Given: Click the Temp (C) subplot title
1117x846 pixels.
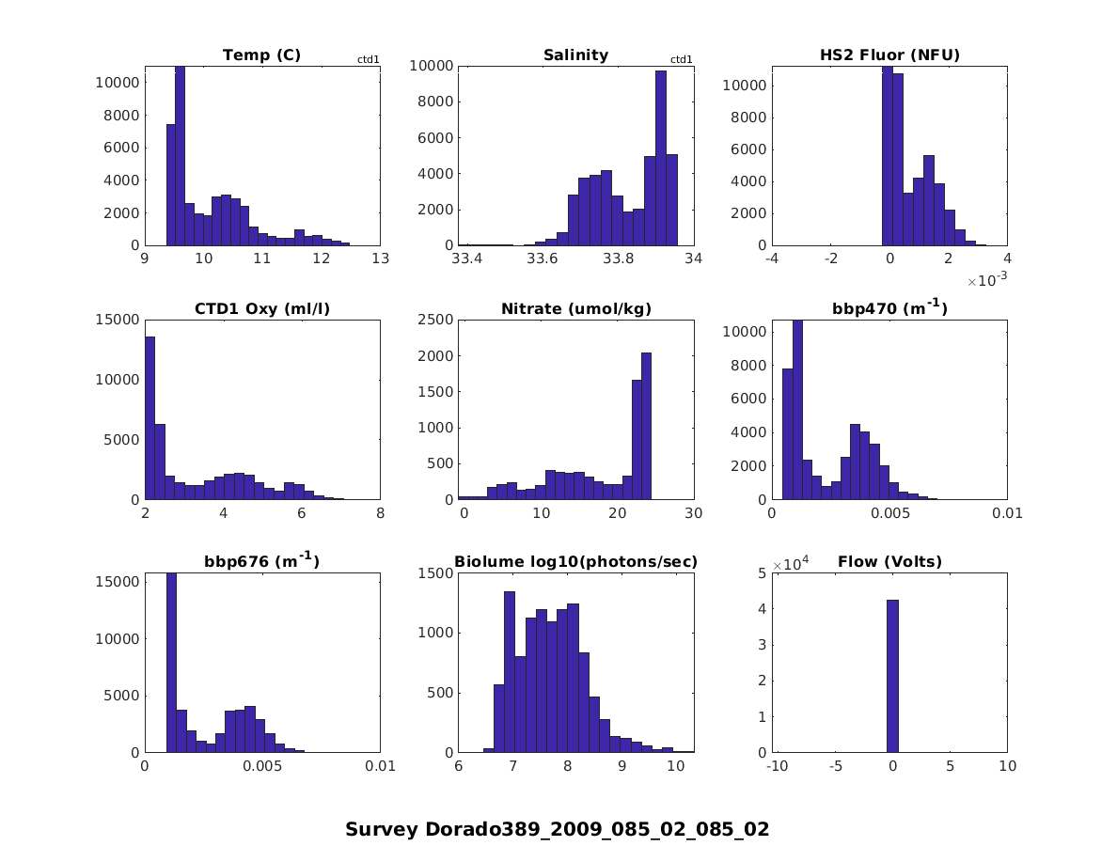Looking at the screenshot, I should (261, 55).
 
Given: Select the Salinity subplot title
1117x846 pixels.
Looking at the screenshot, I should (575, 55).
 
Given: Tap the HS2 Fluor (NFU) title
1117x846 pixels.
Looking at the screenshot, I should (889, 55).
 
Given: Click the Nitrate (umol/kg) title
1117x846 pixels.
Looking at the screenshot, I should (575, 308).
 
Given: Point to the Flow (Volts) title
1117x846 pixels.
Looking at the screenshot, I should (889, 562).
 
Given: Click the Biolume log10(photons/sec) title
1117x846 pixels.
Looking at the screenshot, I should (575, 562).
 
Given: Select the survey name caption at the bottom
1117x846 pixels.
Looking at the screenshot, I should (557, 829).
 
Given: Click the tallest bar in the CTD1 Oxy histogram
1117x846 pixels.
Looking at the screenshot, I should (149, 417).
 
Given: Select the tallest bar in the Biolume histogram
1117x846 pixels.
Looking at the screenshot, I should (510, 671).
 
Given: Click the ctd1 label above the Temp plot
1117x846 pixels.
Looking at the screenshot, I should (368, 60).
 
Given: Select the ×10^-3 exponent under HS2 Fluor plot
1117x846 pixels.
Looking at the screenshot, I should (986, 280).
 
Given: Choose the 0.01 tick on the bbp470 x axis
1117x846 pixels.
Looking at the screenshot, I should (1007, 513).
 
